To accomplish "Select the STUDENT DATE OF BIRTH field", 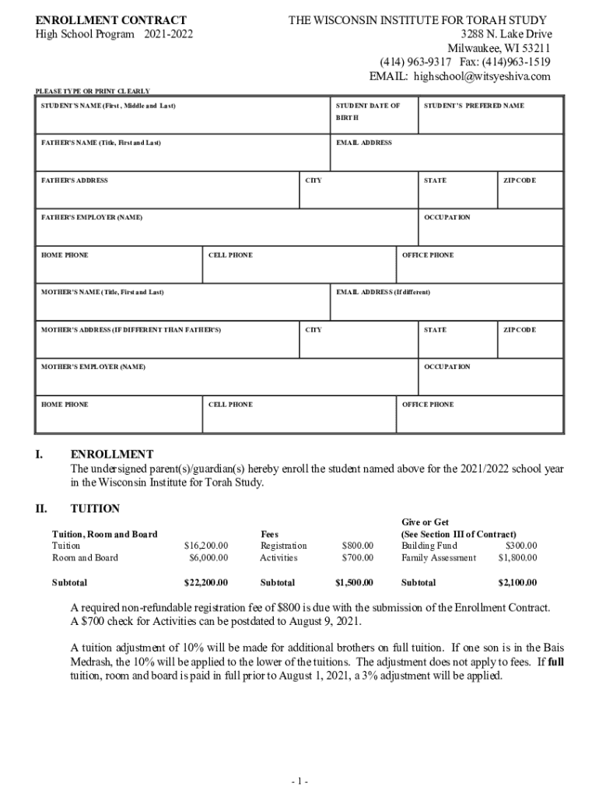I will (x=368, y=111).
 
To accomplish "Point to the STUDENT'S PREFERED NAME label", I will (x=474, y=106).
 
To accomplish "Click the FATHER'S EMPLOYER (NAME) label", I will (x=92, y=218).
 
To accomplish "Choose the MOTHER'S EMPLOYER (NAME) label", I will (x=93, y=367).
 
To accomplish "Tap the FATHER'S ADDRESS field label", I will (x=75, y=181).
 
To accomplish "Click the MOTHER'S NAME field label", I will (x=103, y=293).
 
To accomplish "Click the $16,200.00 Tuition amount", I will (x=205, y=546).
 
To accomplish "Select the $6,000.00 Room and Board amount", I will (x=208, y=558).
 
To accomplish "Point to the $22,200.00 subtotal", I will (x=205, y=583).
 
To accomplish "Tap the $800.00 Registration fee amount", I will (x=358, y=546).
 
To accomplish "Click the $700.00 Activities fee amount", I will (x=358, y=558).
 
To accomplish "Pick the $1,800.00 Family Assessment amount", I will (x=517, y=558).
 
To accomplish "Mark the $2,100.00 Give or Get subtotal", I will (x=517, y=583).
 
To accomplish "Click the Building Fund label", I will (x=424, y=546).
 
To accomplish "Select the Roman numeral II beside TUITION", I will (x=41, y=509).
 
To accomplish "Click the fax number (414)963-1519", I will (x=506, y=61).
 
